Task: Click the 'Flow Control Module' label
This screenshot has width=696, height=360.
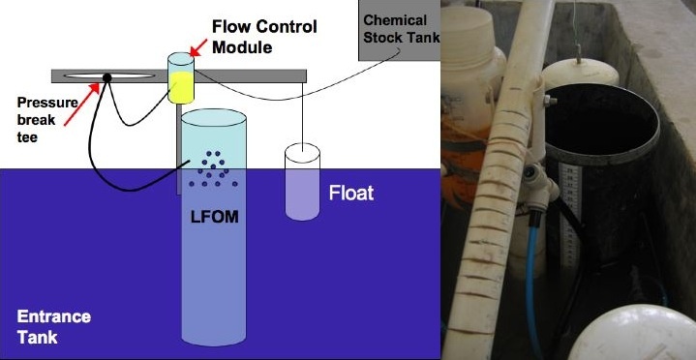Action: point(264,36)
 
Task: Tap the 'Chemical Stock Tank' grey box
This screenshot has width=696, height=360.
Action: point(399,30)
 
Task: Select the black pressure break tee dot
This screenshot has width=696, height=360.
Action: point(107,77)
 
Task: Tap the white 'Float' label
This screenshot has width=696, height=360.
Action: point(351,194)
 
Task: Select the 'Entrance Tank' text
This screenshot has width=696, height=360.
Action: point(53,327)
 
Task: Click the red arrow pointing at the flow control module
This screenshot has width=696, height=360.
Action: point(198,47)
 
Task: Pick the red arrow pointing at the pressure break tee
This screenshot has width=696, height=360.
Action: point(81,104)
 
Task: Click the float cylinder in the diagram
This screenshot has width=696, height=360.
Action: point(302,182)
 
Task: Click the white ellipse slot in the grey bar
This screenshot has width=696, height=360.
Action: point(109,76)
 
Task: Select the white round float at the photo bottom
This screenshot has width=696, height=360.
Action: point(632,333)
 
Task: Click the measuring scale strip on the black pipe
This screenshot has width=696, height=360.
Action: point(571,214)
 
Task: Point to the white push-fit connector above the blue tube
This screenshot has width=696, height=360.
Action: point(539,186)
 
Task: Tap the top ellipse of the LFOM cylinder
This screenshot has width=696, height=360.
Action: point(214,117)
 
